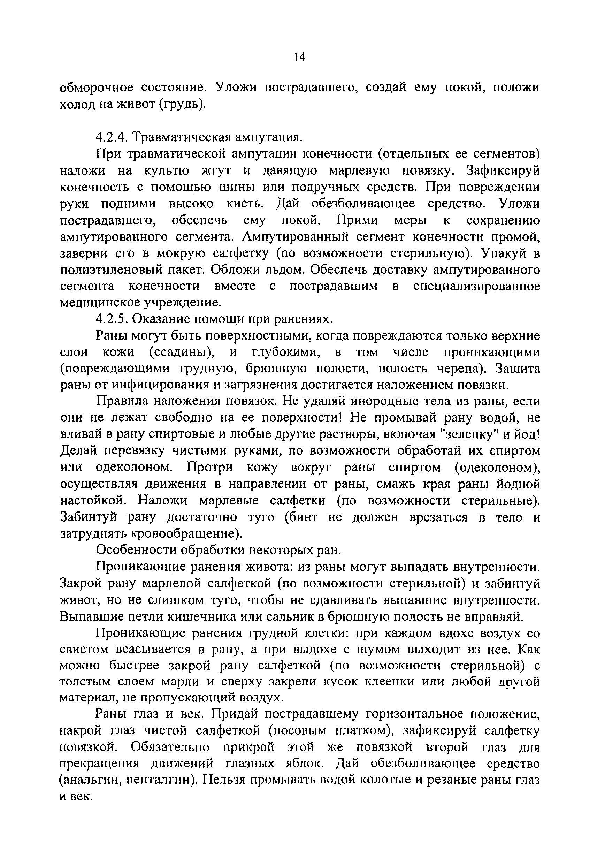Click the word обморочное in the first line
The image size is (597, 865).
pos(97,88)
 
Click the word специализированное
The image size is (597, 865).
pos(476,286)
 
